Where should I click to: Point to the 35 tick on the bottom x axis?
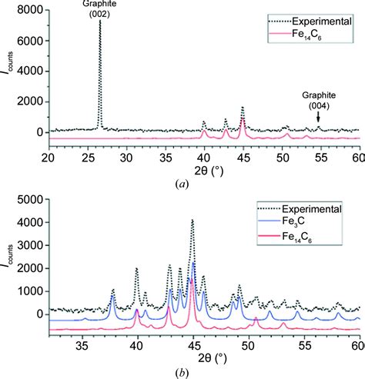82,347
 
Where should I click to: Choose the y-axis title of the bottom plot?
10,268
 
